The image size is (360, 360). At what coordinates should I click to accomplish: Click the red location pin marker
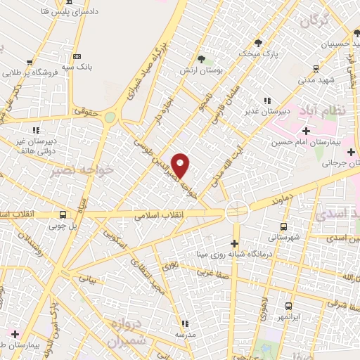click(181, 165)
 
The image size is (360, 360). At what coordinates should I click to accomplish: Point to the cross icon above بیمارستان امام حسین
click(306, 131)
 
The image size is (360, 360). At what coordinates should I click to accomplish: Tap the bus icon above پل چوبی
click(63, 215)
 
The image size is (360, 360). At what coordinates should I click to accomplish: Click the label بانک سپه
click(76, 67)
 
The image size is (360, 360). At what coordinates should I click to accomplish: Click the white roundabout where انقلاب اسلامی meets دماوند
click(236, 210)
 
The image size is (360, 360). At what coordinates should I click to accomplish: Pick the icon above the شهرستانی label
click(283, 226)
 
